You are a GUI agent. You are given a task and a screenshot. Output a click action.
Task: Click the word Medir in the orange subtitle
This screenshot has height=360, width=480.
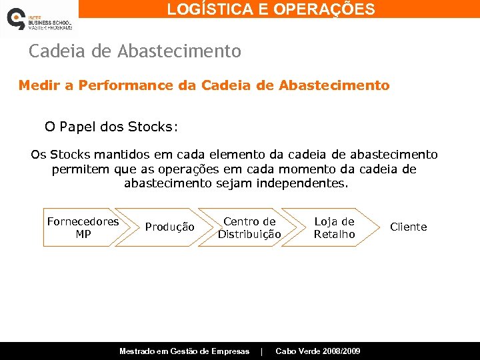pos(37,86)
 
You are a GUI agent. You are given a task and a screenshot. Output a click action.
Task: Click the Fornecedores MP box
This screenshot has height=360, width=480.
pos(83,227)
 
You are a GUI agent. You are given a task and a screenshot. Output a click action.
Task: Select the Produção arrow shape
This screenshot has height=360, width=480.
pos(169,227)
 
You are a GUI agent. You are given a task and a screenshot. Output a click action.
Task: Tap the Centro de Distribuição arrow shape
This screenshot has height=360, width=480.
pos(249,227)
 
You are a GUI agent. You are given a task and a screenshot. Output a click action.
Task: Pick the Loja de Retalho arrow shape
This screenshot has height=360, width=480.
pos(334,227)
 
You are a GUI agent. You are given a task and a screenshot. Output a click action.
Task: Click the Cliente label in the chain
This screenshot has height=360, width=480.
pos(408,227)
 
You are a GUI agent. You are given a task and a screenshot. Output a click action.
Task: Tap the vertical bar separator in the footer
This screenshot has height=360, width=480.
pos(262,351)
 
